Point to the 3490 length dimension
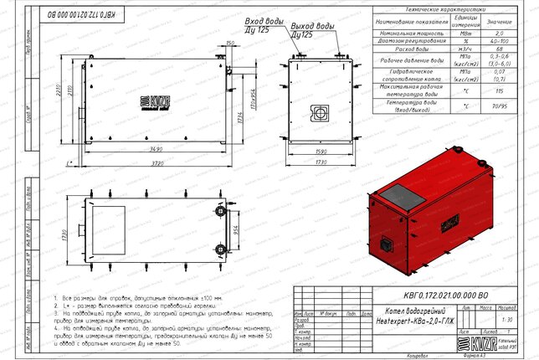pyautogui.click(x=151, y=149)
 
